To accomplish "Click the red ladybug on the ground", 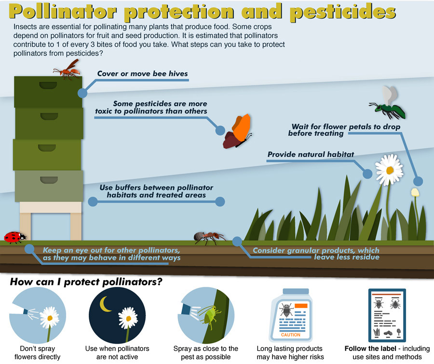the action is (x=15, y=238).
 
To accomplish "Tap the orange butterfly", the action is (x=238, y=131).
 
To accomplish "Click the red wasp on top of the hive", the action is (x=68, y=70).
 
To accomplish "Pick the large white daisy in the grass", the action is (x=389, y=170).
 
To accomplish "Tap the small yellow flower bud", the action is (x=415, y=192).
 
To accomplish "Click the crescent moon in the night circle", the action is (x=105, y=304).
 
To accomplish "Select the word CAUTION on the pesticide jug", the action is (x=291, y=335).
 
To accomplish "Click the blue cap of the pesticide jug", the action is (x=296, y=291).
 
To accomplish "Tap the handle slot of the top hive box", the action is (x=48, y=85).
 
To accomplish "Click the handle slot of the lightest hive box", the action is (x=49, y=180).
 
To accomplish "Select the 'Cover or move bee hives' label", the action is (x=143, y=74).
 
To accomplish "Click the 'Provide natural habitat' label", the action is (x=311, y=154).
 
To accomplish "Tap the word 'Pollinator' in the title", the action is (x=63, y=12).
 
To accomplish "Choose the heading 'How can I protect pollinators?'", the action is (x=86, y=282).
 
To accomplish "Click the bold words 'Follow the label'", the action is (x=370, y=349).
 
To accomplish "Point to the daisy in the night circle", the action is (x=128, y=318).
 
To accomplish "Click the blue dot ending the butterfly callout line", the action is (x=220, y=130).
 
